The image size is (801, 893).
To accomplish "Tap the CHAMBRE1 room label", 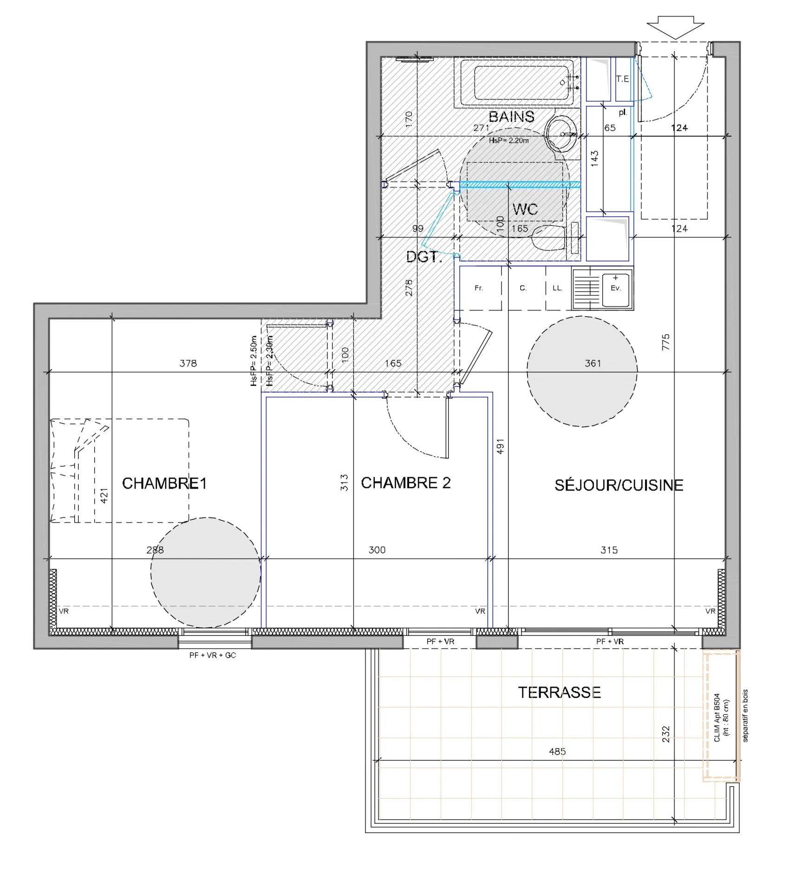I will (164, 483).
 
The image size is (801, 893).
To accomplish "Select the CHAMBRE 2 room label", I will (405, 483).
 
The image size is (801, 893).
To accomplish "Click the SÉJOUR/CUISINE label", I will (619, 485).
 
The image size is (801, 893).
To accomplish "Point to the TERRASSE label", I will (559, 692).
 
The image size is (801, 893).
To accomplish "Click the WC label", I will (525, 209).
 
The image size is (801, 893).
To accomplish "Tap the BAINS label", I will (511, 116).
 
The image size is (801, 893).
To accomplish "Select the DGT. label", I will (423, 257).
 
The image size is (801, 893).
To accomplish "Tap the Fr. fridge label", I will (479, 288).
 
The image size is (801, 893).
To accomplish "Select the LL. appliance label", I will (557, 288).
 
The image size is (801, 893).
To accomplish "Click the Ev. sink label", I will (616, 288).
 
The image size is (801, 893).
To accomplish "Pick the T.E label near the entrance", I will (623, 79).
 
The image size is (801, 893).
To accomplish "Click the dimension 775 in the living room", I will (666, 342).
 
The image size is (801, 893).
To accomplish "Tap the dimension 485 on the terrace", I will (557, 751).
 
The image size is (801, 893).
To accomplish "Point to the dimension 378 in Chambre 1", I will (188, 363).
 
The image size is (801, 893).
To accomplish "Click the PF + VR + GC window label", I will (213, 655).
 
